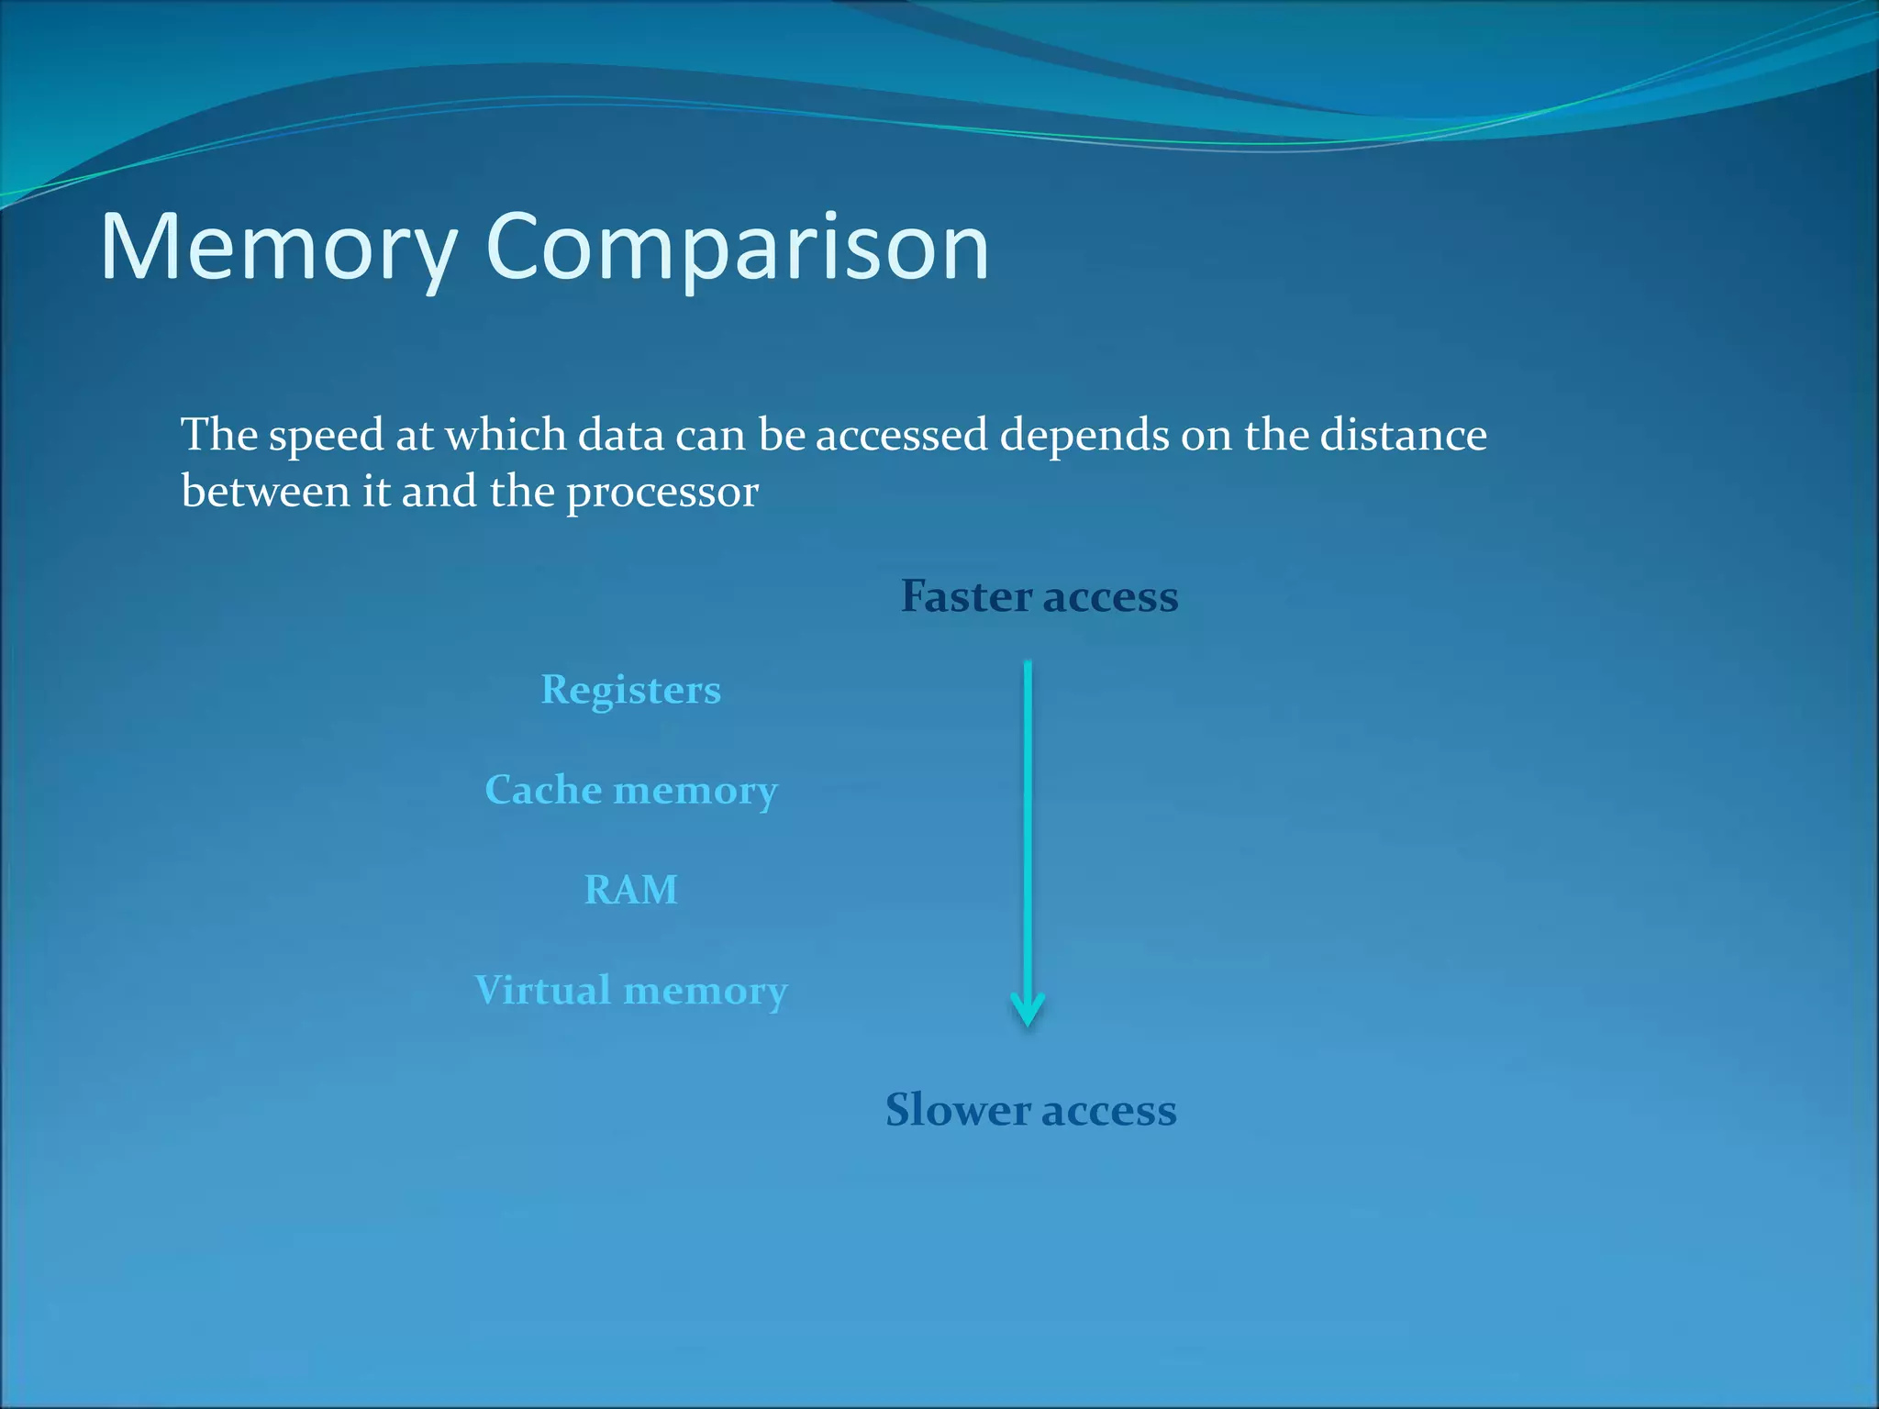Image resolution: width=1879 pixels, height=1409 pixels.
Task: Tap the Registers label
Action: coord(630,690)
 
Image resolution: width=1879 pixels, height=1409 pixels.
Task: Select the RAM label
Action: coord(630,890)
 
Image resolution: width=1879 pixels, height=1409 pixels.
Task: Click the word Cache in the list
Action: coord(542,790)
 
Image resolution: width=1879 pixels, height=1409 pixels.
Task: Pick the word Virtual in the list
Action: coord(542,991)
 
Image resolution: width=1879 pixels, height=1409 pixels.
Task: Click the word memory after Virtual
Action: coord(705,993)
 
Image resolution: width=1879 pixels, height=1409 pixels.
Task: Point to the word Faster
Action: coord(966,596)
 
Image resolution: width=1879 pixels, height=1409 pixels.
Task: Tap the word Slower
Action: coord(957,1110)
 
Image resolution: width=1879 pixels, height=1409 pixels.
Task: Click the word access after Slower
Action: coord(1108,1112)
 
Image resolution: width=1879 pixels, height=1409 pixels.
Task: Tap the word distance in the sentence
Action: coord(1403,434)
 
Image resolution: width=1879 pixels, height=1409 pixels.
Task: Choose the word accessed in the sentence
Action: coord(902,434)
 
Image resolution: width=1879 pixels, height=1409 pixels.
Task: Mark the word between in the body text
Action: coord(265,492)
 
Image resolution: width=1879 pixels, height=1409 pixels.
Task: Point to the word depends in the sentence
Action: coord(1084,436)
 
